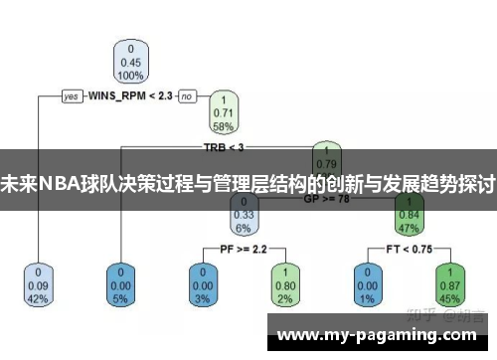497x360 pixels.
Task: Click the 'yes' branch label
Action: (x=72, y=96)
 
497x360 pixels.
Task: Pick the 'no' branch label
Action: (x=186, y=96)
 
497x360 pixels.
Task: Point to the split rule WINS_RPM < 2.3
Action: (x=130, y=96)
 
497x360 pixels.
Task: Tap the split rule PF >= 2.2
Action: (x=244, y=247)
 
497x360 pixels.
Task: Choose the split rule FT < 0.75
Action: (x=408, y=247)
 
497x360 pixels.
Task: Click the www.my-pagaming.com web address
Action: (x=378, y=336)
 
